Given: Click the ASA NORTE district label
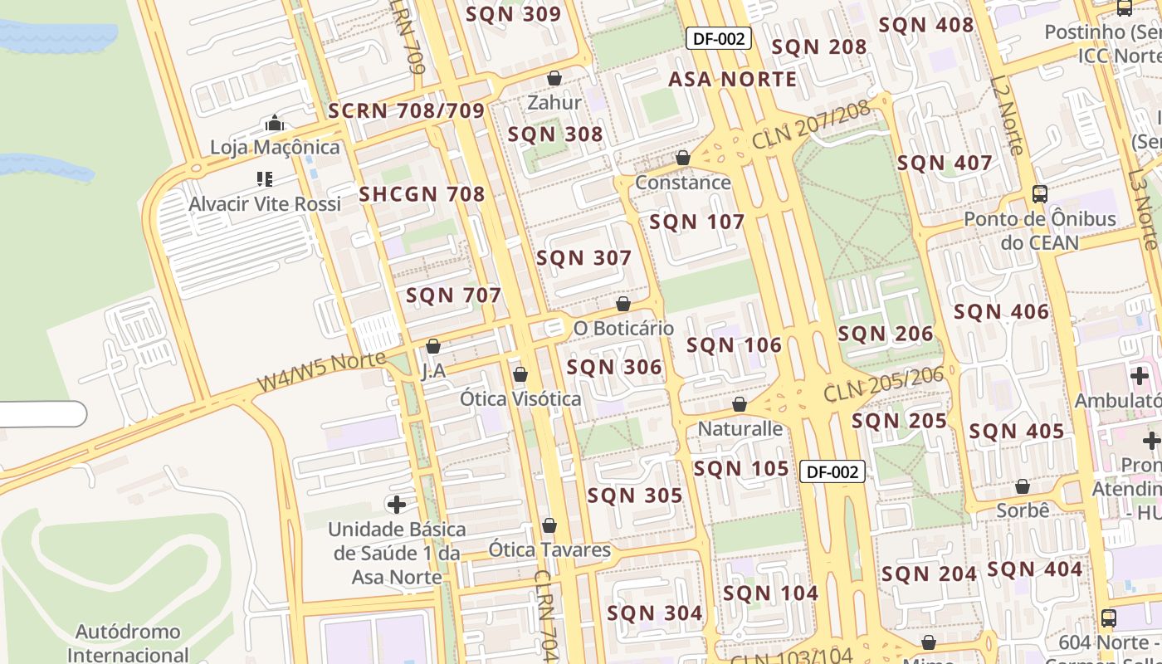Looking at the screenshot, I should click(x=732, y=79).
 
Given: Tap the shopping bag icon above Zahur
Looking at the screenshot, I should click(x=554, y=79).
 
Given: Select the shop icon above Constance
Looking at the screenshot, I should click(x=683, y=158).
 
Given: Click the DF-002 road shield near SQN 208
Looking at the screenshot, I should click(x=719, y=38).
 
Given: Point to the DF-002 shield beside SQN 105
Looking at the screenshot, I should click(x=832, y=471).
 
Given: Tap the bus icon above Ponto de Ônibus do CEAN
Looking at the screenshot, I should click(x=1039, y=194).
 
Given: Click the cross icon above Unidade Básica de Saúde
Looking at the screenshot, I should click(x=397, y=504).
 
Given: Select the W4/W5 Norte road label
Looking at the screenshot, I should click(x=321, y=371).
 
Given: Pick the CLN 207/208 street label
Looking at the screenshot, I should click(x=810, y=125).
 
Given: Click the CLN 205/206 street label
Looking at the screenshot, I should click(x=884, y=383).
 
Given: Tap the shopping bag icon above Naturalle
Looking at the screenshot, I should click(x=740, y=404).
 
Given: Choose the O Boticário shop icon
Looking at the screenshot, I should click(x=623, y=304).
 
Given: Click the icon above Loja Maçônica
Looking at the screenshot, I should click(x=275, y=124).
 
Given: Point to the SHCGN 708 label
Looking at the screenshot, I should click(x=422, y=194).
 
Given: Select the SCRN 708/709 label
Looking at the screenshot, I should click(x=406, y=111).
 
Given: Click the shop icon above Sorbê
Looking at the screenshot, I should click(x=1023, y=486).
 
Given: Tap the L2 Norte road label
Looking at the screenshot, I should click(x=1005, y=116).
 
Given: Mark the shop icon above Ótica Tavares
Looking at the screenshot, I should click(x=549, y=525).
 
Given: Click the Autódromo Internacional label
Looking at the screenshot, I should click(x=128, y=642).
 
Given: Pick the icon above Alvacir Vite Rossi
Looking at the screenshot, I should click(x=265, y=178).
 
